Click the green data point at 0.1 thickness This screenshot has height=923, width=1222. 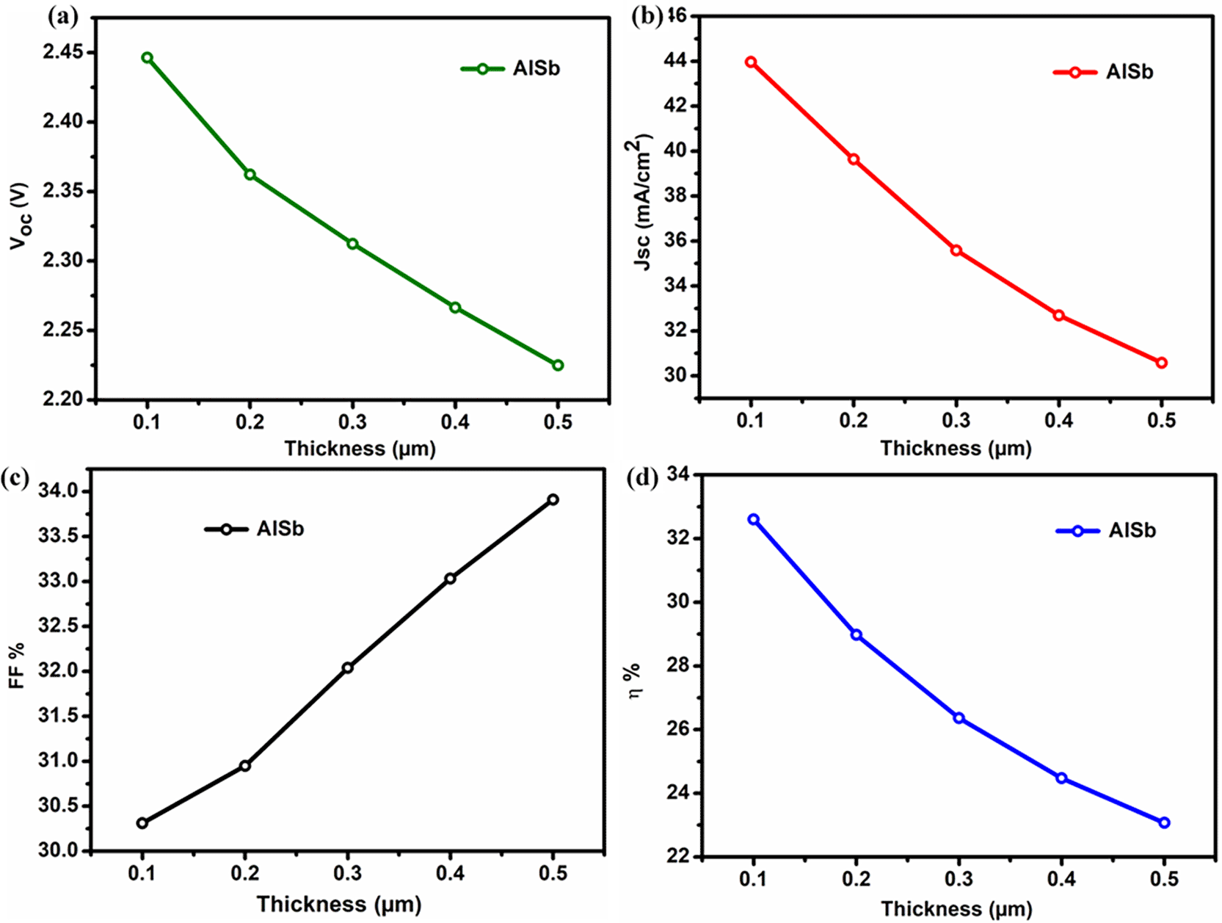pos(148,58)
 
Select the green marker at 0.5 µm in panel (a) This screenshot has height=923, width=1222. pos(558,365)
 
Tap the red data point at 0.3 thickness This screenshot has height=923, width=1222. pos(956,250)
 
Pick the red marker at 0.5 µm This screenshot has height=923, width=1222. pos(1161,363)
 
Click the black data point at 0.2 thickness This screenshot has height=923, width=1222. pos(245,766)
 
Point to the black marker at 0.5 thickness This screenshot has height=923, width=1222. pos(553,500)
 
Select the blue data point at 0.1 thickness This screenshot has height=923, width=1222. pos(754,520)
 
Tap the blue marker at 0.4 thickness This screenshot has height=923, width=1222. pos(1061,778)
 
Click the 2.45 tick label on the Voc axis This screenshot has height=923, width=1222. pos(63,52)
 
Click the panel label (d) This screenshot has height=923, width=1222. pos(644,479)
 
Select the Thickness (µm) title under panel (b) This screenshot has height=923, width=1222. pos(956,449)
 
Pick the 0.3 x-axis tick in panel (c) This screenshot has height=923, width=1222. pos(347,874)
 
